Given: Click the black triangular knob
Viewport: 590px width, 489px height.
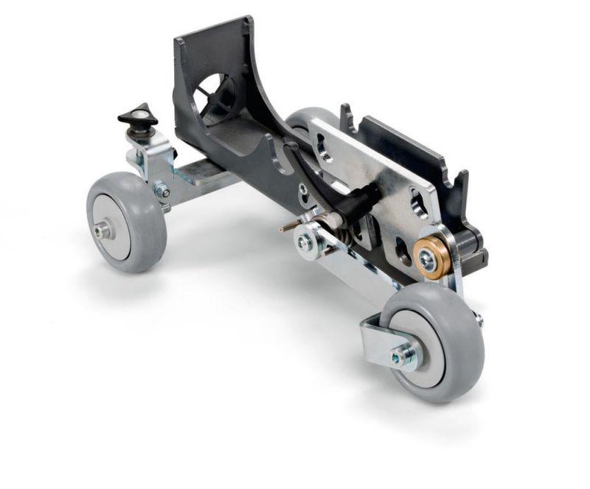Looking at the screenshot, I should [x=138, y=116].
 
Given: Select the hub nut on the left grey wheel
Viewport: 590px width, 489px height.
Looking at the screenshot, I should [x=102, y=231].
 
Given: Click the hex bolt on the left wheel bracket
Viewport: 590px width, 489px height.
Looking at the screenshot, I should [x=162, y=192].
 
